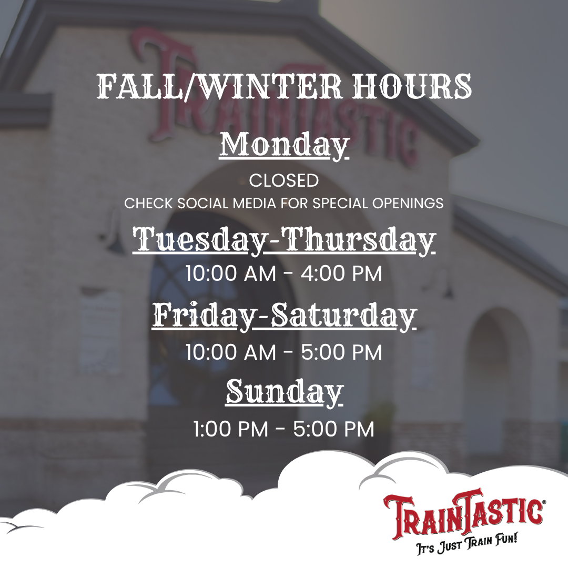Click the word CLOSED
tap(284, 181)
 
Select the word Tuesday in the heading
tap(197, 240)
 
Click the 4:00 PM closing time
tap(341, 273)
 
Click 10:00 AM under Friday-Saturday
tap(231, 352)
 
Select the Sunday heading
tap(284, 392)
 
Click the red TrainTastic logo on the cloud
tap(463, 513)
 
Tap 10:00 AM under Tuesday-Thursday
tap(231, 273)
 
